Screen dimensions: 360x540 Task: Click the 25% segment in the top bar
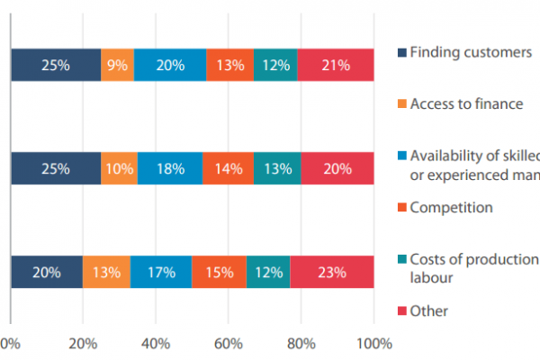[x=56, y=66]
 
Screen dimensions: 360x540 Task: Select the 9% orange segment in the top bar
[x=117, y=66]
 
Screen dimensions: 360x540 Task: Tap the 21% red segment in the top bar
[x=335, y=66]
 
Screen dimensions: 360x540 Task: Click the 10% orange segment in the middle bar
[x=120, y=168]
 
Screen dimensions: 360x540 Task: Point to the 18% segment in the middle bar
[x=170, y=168]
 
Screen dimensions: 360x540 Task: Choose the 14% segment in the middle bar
[x=228, y=168]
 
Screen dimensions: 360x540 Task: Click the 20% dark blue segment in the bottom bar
[x=46, y=272]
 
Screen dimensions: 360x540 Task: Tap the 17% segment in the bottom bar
[x=161, y=272]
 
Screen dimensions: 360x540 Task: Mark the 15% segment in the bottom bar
[x=219, y=272]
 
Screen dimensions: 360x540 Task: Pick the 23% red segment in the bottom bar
[x=331, y=272]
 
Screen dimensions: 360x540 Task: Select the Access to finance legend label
[x=466, y=103]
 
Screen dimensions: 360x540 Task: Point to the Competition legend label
[x=451, y=208]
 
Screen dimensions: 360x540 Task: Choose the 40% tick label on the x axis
[x=156, y=343]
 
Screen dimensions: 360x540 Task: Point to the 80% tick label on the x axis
[x=301, y=343]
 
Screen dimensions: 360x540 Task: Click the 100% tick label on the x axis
[x=373, y=343]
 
